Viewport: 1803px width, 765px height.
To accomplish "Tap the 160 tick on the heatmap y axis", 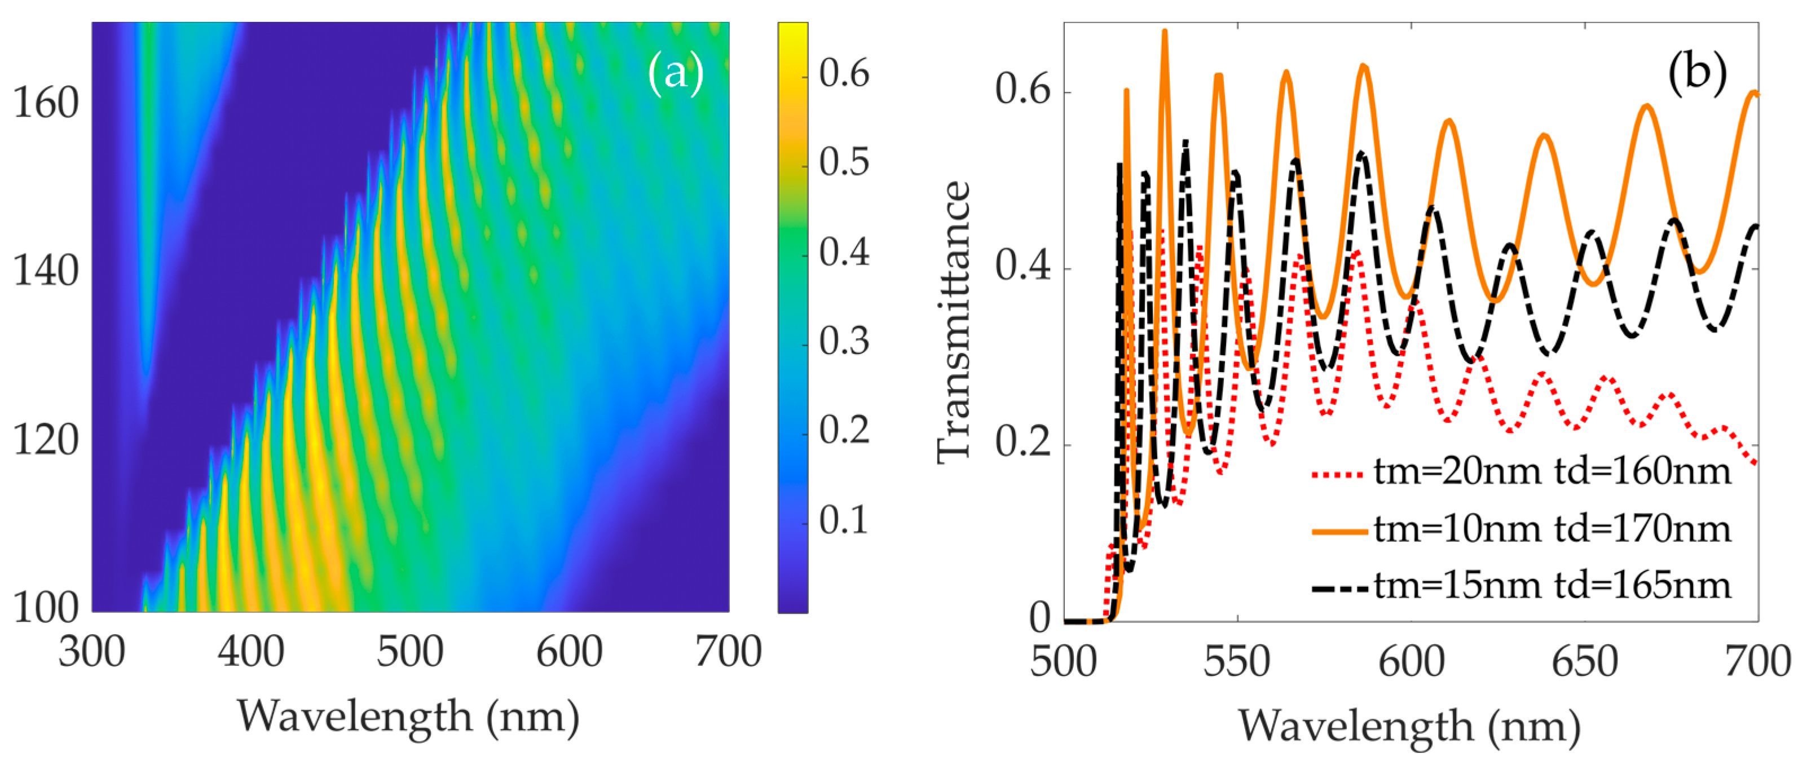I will [46, 104].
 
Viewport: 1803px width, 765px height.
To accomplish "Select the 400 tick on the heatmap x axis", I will [250, 652].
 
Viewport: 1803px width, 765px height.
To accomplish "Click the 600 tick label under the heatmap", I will [569, 652].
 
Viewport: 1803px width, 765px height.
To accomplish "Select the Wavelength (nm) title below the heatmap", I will [409, 716].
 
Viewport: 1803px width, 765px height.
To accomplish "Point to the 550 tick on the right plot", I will [1237, 662].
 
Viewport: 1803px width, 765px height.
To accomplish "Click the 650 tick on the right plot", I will [1585, 662].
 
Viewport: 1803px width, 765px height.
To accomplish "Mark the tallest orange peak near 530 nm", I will [1165, 32].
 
